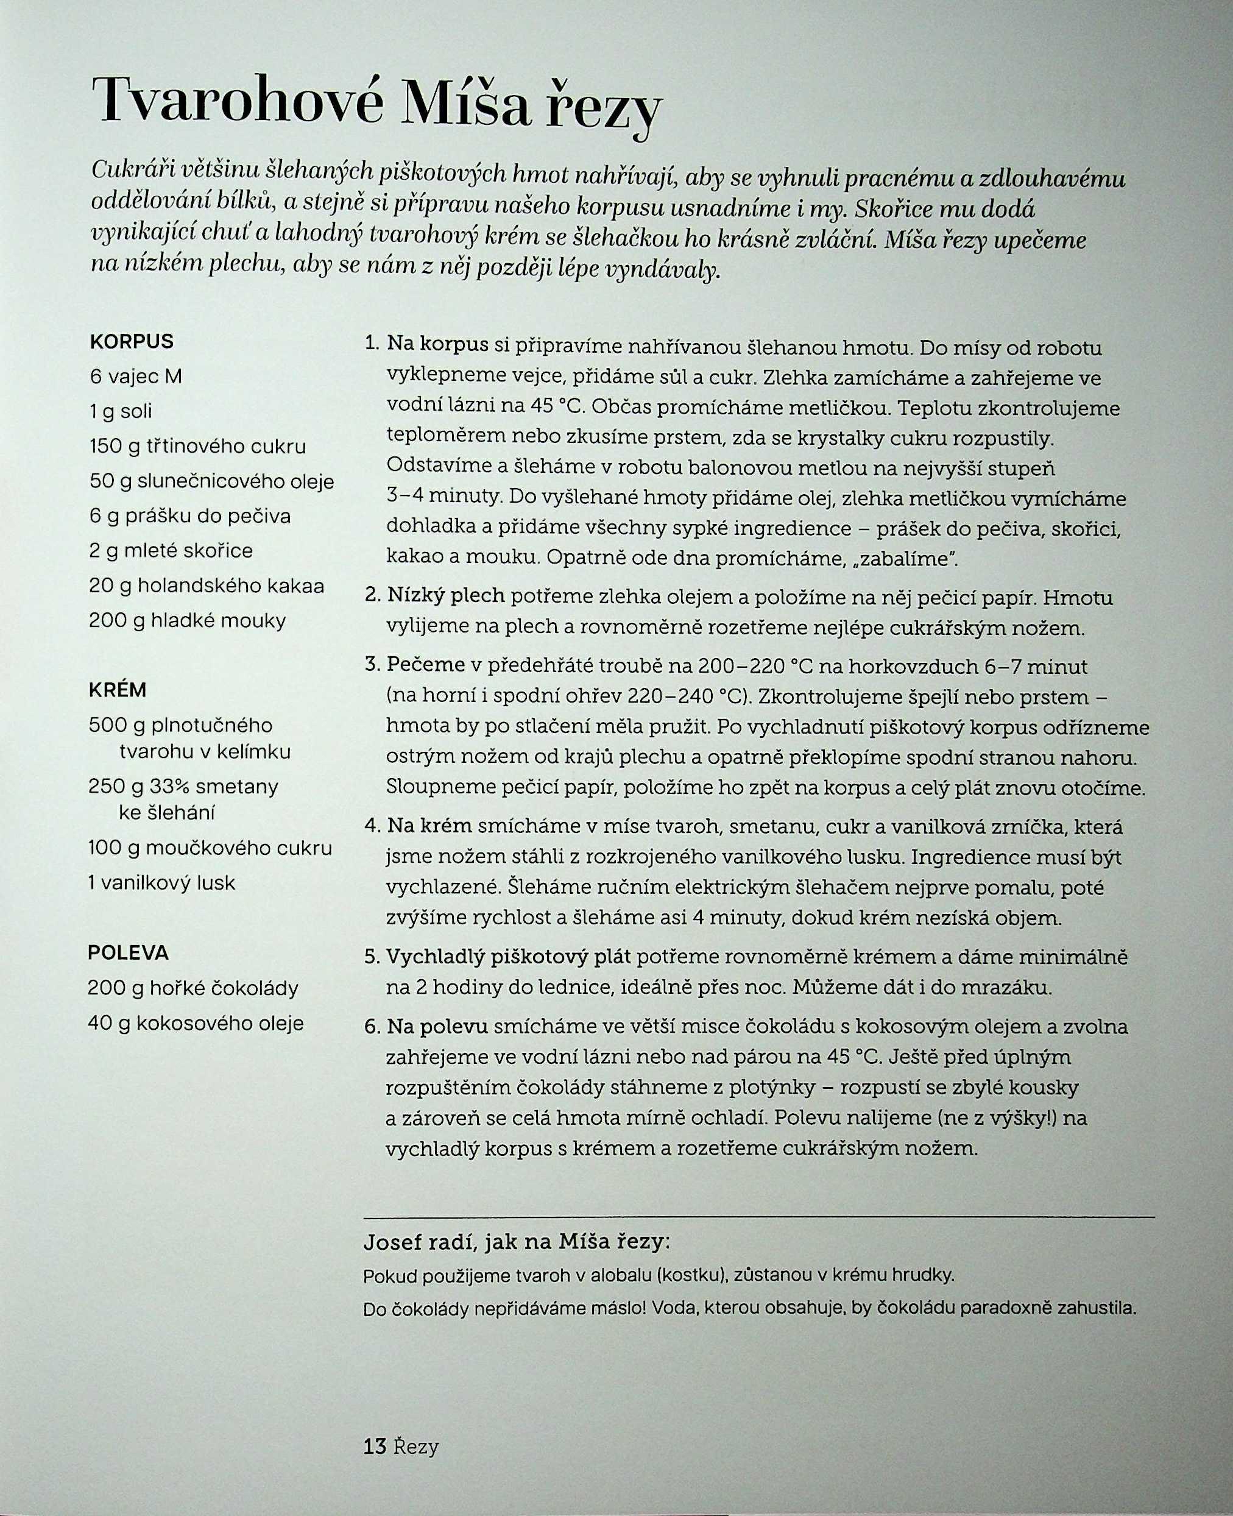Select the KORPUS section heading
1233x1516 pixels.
click(x=132, y=342)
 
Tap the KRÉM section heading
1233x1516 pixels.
click(x=118, y=690)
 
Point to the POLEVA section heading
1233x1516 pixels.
click(x=129, y=952)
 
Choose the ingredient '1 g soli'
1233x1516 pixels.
click(x=121, y=411)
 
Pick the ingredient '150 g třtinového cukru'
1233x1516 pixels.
click(x=198, y=446)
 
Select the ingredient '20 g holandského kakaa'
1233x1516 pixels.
click(x=207, y=586)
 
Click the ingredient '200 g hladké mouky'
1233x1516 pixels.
click(x=188, y=621)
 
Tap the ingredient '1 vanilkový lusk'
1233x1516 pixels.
click(x=161, y=883)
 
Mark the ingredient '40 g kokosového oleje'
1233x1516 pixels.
click(x=196, y=1023)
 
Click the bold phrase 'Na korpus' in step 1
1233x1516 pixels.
click(x=437, y=345)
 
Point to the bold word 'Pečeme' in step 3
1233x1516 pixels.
click(x=425, y=665)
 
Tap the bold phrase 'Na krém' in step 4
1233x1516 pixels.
click(x=429, y=826)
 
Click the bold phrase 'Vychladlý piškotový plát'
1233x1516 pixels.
click(x=509, y=957)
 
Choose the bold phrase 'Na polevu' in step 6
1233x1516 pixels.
click(x=437, y=1027)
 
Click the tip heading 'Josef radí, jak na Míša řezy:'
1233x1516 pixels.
click(x=517, y=1242)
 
